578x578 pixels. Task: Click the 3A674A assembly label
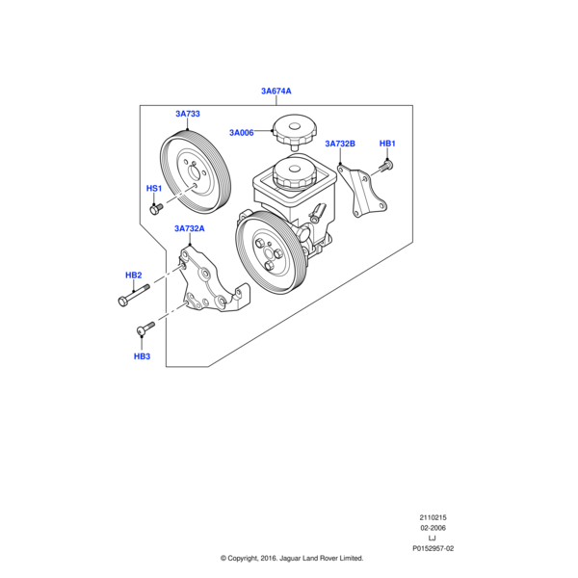pos(276,92)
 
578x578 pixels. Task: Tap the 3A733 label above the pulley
pos(188,114)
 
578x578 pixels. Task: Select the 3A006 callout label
pos(242,133)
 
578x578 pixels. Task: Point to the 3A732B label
pos(340,144)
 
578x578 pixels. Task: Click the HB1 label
pos(387,144)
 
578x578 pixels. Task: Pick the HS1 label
pos(154,189)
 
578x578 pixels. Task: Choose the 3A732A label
pos(190,228)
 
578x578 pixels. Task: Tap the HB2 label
pos(134,275)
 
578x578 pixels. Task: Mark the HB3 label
pos(142,356)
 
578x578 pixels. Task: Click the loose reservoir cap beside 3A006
pos(294,131)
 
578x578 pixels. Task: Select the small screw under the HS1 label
pos(156,209)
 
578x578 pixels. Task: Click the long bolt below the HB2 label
pos(134,295)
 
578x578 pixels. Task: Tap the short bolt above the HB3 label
pos(146,328)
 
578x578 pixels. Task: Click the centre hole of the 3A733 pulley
pos(196,172)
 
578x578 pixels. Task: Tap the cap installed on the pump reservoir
pos(294,173)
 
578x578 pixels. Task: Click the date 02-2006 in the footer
pos(433,528)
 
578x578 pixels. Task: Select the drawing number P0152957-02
pos(433,548)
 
